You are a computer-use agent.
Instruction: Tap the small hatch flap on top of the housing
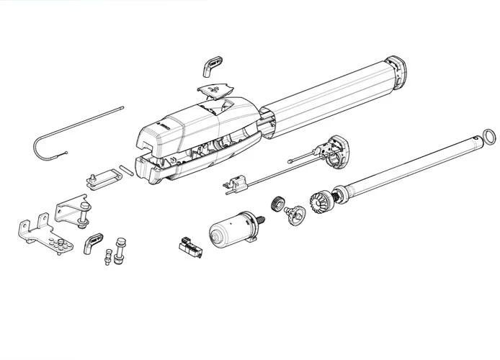pos(215,91)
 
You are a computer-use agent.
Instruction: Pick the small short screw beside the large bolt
pos(110,255)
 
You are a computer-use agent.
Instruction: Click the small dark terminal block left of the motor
pos(190,247)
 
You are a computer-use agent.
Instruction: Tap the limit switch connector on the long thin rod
pos(234,186)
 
